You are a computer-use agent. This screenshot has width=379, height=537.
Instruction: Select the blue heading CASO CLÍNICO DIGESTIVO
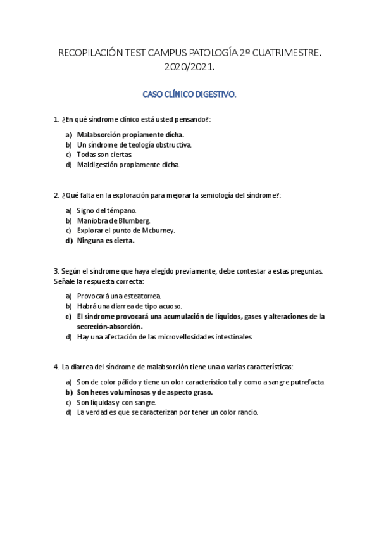coord(189,95)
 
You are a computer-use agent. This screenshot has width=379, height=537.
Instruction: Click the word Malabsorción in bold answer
coord(101,134)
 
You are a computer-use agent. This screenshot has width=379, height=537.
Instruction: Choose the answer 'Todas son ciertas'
coord(104,155)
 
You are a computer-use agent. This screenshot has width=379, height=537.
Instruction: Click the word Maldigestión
coord(97,165)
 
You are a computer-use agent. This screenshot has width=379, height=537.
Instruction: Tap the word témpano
coord(121,210)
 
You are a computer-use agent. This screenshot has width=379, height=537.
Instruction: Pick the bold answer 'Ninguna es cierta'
coord(106,241)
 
